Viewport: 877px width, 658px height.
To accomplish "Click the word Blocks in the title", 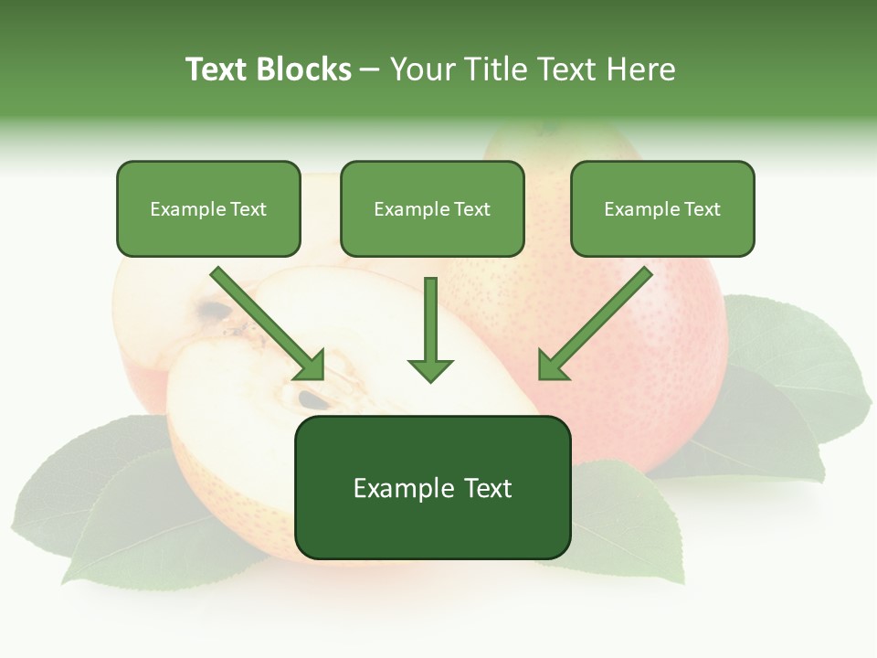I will coord(304,69).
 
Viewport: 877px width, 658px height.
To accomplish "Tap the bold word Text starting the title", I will coord(217,69).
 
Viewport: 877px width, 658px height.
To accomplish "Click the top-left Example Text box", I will coord(208,209).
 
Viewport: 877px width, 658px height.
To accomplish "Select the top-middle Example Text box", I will coord(432,209).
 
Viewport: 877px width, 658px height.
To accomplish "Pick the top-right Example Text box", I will coord(662,209).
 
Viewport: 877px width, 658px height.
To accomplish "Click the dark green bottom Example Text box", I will coord(432,488).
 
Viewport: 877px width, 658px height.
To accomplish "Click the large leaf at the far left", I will coord(100,503).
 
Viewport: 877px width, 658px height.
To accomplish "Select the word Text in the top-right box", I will coord(702,209).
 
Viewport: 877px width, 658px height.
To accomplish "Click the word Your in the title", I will coord(421,69).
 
